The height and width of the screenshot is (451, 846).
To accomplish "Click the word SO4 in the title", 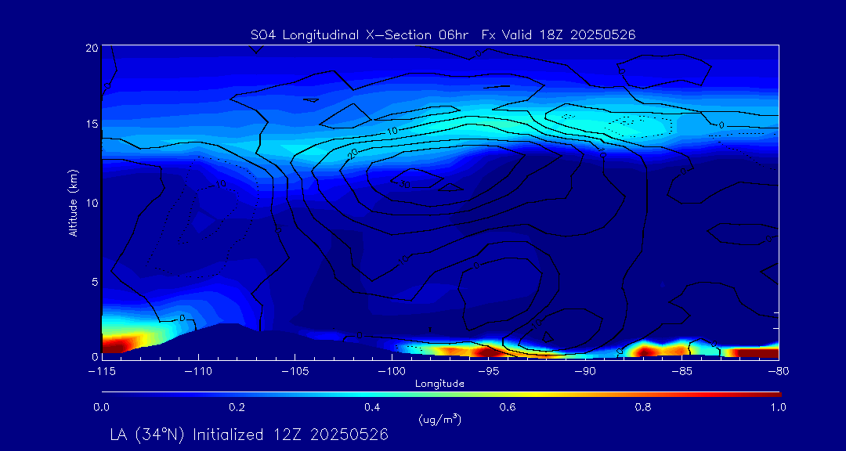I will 261,34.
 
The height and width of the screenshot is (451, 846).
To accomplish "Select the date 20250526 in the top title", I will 604,34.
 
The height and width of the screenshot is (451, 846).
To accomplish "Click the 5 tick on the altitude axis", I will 93,280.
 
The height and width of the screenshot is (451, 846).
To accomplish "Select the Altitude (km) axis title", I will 73,202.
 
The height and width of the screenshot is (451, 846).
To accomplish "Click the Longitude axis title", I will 439,384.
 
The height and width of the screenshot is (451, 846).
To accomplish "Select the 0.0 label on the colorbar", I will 101,407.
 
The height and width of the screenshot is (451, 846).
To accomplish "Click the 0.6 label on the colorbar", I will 508,407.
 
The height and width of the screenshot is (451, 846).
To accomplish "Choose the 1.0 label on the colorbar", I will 779,407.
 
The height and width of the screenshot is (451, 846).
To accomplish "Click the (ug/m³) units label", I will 440,420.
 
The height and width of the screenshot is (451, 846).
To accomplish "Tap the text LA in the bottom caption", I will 121,435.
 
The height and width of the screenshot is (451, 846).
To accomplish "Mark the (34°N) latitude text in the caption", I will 163,435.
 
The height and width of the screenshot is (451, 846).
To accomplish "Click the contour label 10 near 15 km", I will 393,130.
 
